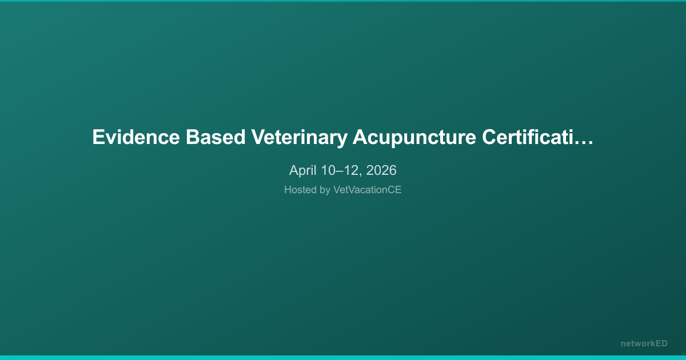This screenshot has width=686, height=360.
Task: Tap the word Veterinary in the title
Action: [299, 138]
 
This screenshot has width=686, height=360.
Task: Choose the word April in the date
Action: [302, 170]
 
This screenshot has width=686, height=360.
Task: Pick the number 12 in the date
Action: [350, 170]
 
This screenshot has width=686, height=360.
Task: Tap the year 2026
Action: [381, 170]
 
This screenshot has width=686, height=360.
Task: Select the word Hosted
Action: [299, 190]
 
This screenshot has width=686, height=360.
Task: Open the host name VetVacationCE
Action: [368, 190]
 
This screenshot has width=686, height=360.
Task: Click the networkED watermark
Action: [644, 343]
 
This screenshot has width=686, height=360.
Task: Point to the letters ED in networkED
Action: [661, 343]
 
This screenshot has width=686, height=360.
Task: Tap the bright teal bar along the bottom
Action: [343, 358]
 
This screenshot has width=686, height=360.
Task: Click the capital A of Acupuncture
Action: [360, 138]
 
